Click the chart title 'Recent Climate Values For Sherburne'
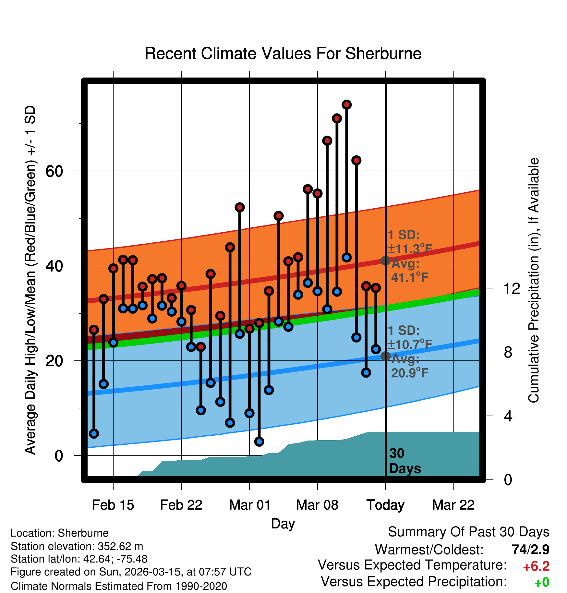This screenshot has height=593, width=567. click(283, 54)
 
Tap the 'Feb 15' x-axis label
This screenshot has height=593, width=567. click(113, 505)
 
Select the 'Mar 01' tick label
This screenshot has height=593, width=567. click(249, 505)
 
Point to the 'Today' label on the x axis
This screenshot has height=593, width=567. click(385, 505)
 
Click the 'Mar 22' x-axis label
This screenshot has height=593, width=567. click(453, 505)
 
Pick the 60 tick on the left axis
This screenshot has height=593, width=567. click(54, 171)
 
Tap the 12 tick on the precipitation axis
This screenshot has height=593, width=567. click(512, 288)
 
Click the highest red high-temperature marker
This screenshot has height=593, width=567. click(347, 105)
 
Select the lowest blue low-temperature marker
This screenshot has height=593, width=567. click(259, 442)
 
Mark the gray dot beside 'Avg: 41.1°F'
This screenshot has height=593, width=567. click(385, 260)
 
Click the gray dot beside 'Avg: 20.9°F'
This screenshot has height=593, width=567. click(385, 356)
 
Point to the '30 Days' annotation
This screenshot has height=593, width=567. click(404, 461)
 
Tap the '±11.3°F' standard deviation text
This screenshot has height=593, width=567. click(410, 249)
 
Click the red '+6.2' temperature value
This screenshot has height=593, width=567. click(536, 566)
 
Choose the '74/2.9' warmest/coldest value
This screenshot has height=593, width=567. click(530, 550)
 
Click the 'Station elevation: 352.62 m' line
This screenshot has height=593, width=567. click(77, 546)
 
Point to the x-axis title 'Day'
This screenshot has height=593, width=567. click(283, 524)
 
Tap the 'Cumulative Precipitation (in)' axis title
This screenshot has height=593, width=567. click(534, 280)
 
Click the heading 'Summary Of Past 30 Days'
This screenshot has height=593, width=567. click(468, 532)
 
